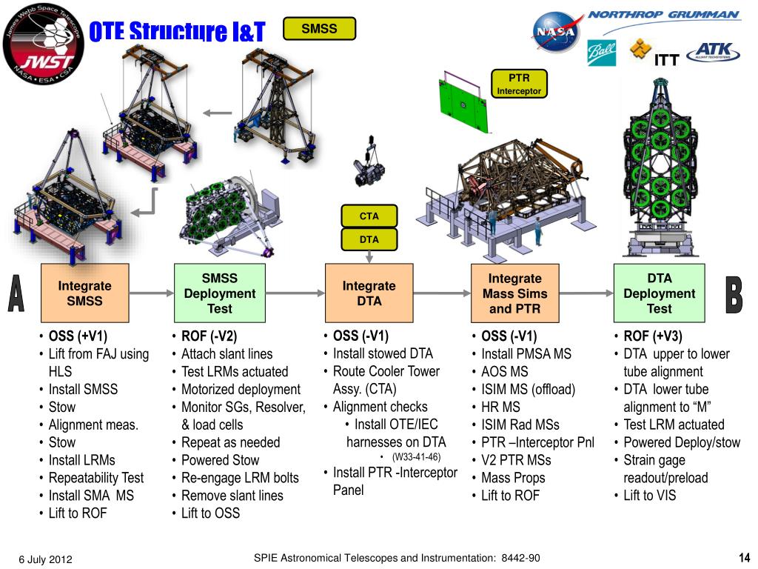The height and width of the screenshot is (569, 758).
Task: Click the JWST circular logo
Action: [x=44, y=43]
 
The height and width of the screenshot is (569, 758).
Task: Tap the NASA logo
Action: [x=556, y=32]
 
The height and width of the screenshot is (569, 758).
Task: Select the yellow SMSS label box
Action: [x=319, y=29]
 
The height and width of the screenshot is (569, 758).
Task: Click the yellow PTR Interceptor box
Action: [x=519, y=84]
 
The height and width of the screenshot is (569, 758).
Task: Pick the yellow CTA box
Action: [x=369, y=216]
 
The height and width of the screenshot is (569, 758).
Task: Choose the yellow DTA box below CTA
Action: [x=369, y=239]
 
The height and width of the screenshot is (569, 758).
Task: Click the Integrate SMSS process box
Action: [x=85, y=293]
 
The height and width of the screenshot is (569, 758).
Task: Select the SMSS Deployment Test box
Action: [x=220, y=293]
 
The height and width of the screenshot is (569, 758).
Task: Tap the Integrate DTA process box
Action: [x=369, y=293]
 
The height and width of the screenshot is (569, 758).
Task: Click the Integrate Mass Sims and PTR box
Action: [x=515, y=293]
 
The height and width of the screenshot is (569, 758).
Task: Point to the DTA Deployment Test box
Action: [x=660, y=293]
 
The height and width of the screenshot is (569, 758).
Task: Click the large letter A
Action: [x=16, y=293]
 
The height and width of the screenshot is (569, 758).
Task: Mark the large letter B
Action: [x=734, y=295]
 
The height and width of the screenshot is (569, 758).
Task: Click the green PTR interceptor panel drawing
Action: [x=464, y=102]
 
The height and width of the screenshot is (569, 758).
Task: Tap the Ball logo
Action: [x=601, y=53]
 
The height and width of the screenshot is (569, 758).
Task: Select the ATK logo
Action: [x=714, y=52]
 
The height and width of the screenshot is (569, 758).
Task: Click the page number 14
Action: [x=745, y=557]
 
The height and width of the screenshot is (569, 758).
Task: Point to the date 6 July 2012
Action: [x=45, y=559]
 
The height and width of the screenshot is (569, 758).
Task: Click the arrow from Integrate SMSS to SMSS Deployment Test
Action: [x=151, y=293]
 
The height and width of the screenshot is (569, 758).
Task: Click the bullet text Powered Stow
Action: [x=221, y=459]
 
